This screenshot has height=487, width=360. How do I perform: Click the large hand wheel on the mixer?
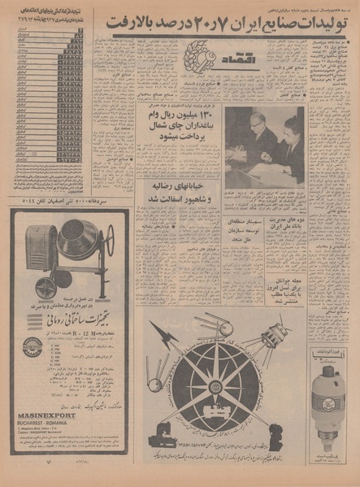tap(103, 244)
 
